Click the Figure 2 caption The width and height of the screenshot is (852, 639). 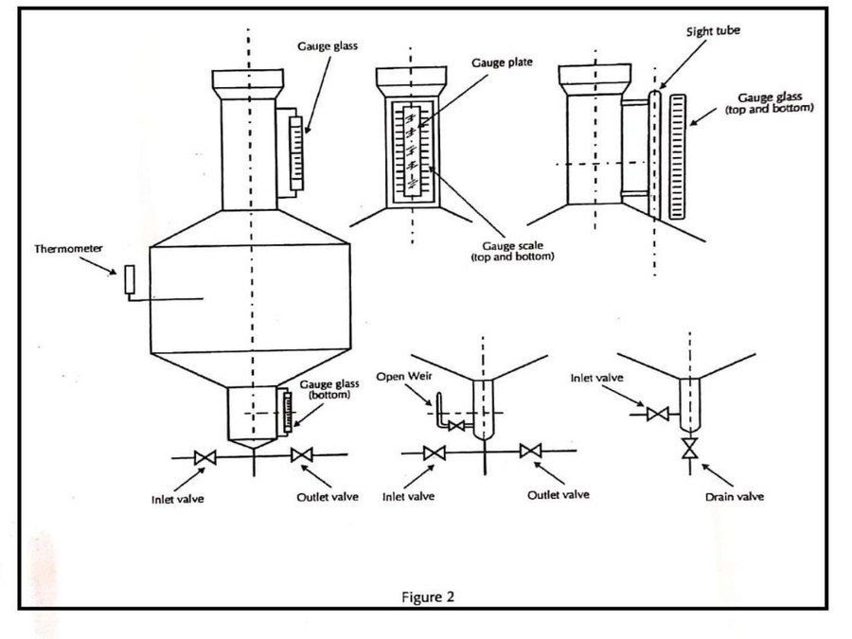coord(428,596)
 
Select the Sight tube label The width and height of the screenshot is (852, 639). coord(713,31)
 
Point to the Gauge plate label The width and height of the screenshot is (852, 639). coord(502,62)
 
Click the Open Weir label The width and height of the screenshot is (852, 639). coord(403,377)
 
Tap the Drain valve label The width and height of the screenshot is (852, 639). coord(734,496)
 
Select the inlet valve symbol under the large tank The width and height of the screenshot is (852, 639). coord(204,457)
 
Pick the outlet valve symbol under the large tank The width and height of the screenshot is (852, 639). coord(302,455)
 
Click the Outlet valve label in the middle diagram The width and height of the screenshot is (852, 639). coord(558,495)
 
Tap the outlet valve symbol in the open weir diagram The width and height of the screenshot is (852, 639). coord(531,452)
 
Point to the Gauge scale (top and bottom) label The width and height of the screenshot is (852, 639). coord(512,251)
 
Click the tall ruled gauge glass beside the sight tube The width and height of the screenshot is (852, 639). coord(676,156)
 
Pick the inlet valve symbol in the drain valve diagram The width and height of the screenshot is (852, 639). coord(658,413)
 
